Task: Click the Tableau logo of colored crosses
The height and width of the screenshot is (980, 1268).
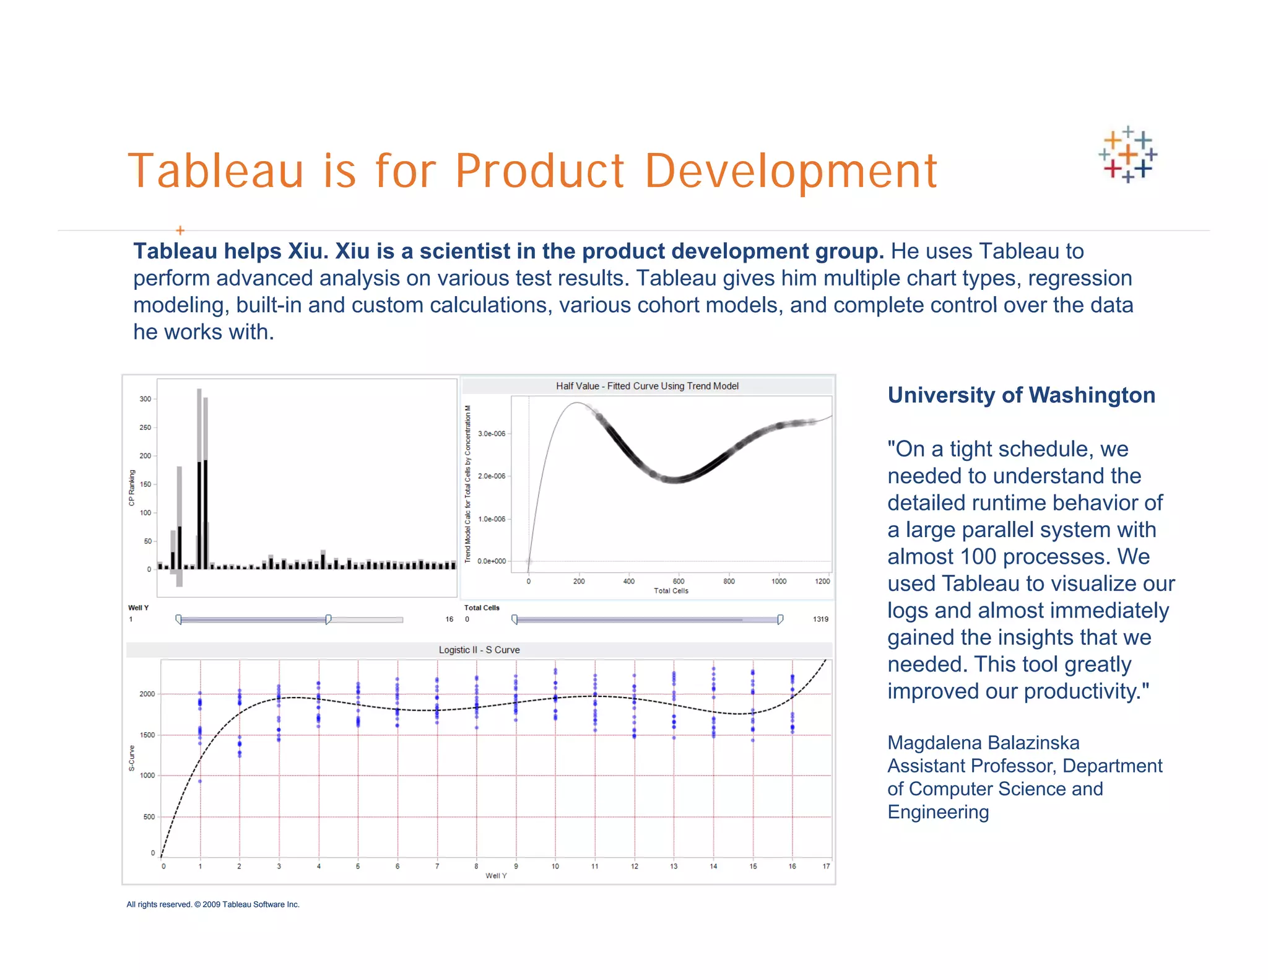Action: [x=1127, y=154]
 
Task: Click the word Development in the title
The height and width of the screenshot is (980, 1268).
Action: [x=791, y=171]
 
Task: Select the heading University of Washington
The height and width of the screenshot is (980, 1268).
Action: [x=1021, y=395]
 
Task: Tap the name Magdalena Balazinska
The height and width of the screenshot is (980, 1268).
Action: [x=983, y=743]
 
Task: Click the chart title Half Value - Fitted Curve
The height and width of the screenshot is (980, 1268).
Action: [x=647, y=386]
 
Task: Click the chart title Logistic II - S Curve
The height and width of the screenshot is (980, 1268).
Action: [x=479, y=650]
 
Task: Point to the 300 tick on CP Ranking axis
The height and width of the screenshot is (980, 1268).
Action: [x=145, y=399]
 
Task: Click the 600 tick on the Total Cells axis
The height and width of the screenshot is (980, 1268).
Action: [x=679, y=581]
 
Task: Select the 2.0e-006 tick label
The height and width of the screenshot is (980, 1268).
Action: [x=492, y=476]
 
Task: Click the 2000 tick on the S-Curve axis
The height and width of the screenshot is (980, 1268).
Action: [x=147, y=694]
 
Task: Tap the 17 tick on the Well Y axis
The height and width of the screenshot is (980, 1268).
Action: [x=826, y=866]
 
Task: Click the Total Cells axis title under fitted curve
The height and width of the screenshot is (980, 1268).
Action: [x=671, y=591]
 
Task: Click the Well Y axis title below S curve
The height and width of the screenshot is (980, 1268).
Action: [x=496, y=875]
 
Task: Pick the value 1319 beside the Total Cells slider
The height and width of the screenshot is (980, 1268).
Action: [x=820, y=619]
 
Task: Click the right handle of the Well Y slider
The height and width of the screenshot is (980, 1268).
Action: [x=328, y=619]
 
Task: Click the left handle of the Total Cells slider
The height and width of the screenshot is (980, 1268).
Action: [x=515, y=619]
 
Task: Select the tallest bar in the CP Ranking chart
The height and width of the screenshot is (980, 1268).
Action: [x=199, y=477]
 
